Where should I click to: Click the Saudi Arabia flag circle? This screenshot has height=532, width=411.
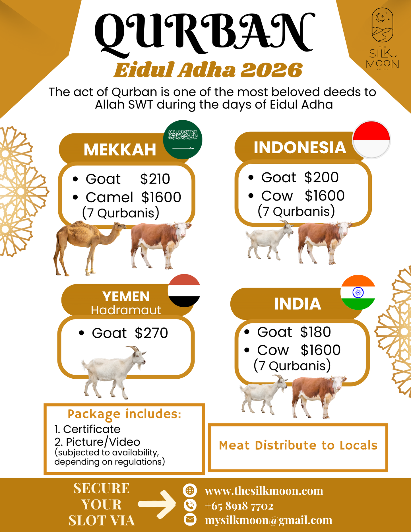tap(183, 139)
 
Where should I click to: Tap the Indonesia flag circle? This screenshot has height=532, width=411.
tap(371, 139)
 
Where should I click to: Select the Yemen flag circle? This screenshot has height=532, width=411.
tap(184, 290)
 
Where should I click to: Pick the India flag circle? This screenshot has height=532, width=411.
tap(358, 292)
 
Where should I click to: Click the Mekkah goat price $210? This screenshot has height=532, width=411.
tap(155, 179)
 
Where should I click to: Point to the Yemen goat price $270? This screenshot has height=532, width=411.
tap(151, 333)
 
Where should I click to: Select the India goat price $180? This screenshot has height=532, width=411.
tap(315, 332)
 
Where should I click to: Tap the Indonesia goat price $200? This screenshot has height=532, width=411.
tap(321, 177)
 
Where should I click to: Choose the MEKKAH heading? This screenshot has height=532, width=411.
tap(120, 150)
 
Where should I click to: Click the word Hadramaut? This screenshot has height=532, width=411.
tap(126, 310)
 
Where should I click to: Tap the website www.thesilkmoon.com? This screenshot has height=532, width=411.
tap(264, 491)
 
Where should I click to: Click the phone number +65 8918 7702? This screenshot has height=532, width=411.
tap(239, 506)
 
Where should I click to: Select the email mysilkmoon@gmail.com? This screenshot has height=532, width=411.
tap(269, 520)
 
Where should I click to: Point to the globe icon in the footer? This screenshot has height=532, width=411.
tap(190, 490)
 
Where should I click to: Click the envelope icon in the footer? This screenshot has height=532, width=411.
tap(190, 519)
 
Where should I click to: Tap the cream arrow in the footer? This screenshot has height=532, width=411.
tap(158, 504)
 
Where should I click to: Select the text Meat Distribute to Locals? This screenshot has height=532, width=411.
tap(298, 446)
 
